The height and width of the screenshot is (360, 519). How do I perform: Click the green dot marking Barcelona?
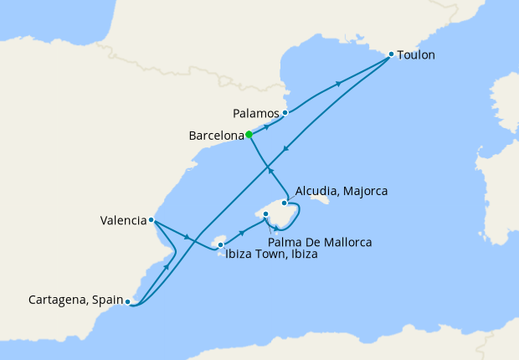pos(249,134)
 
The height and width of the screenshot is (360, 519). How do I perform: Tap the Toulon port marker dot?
pos(391,55)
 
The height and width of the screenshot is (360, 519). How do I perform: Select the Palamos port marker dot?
pos(285,112)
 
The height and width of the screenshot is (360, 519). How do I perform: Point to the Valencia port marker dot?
pos(151,220)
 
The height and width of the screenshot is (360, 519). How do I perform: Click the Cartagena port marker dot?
pos(127,301)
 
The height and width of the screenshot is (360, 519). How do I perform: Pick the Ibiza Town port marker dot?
pos(220,245)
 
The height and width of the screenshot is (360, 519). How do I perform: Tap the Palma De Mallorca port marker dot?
pos(266,214)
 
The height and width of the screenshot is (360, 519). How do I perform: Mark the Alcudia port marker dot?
pos(285,203)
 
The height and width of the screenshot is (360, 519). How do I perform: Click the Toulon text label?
pos(417,55)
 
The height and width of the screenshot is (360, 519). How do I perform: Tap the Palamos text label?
pos(256,112)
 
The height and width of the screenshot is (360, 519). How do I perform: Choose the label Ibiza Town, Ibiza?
pos(271,254)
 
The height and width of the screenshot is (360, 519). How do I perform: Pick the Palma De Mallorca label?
pos(321,242)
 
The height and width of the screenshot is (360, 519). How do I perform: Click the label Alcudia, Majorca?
pos(340,191)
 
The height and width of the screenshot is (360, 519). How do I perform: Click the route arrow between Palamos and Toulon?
pos(339,83)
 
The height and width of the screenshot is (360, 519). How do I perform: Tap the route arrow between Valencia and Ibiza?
pos(187,235)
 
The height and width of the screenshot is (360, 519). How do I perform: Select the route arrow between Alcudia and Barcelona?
pos(270,170)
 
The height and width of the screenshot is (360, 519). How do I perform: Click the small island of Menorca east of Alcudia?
pos(319,198)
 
